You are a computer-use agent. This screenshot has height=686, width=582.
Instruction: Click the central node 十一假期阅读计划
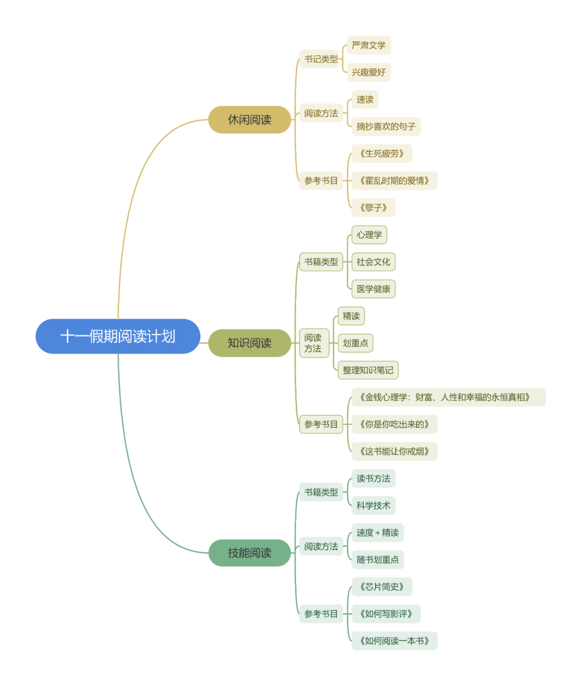[x=117, y=337]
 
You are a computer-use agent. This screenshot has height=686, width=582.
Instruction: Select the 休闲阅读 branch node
[x=250, y=120]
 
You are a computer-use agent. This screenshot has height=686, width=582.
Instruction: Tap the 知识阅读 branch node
[x=250, y=343]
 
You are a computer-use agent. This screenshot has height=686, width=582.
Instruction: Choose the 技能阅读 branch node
[x=250, y=553]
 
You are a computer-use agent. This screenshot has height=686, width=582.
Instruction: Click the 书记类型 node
[x=321, y=59]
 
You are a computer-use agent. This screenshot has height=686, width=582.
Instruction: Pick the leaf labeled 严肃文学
[x=369, y=45]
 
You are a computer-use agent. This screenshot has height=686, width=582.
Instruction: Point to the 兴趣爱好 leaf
[x=369, y=72]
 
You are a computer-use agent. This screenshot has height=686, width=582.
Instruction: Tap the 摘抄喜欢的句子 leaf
[x=386, y=127]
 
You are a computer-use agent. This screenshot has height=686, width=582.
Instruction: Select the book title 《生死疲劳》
[x=382, y=154]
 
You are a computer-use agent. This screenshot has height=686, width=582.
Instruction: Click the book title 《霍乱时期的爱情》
[x=394, y=181]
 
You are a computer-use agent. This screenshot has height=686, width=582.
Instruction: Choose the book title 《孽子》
[x=373, y=208]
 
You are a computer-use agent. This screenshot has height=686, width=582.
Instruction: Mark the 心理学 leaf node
[x=369, y=235]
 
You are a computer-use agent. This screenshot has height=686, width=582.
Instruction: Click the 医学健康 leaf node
[x=373, y=289]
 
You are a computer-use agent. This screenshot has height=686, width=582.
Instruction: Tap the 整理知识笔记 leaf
[x=368, y=370]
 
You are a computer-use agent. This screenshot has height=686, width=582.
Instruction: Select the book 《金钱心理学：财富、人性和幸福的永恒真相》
[x=448, y=397]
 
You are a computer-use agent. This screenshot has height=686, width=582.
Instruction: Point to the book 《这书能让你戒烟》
[x=394, y=451]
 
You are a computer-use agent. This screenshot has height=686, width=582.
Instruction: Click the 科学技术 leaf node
[x=373, y=505]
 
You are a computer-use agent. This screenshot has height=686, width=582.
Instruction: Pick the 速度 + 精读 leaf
[x=378, y=533]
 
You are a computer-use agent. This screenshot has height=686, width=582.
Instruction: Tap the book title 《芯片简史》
[x=382, y=587]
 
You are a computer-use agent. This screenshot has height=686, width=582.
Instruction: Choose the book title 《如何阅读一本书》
[x=394, y=641]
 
